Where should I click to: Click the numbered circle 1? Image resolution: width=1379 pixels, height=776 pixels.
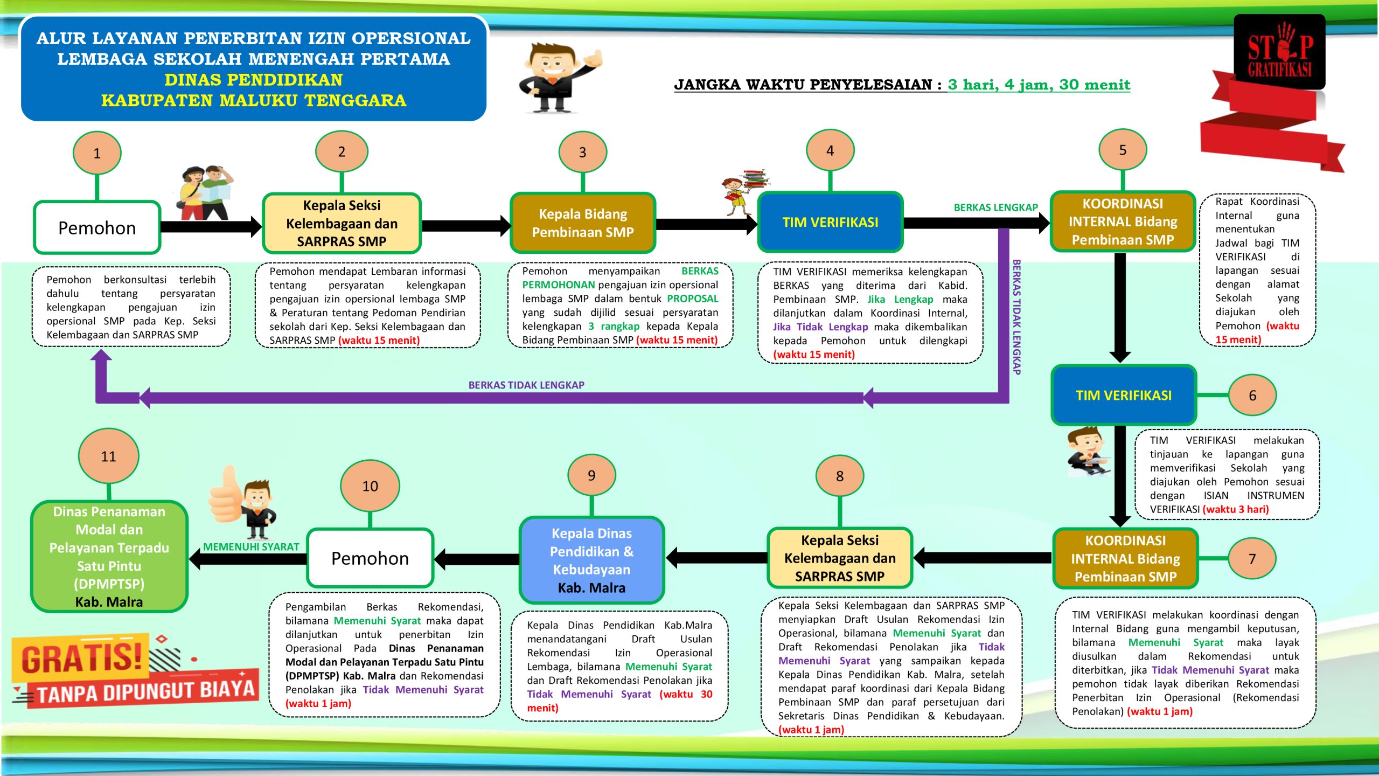pos(97,153)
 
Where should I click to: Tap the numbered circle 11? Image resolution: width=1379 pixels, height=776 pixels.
pos(108,456)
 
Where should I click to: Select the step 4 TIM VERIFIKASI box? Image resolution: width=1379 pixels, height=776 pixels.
pos(830,222)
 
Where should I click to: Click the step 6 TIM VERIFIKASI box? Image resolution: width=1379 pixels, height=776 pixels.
pos(1124,395)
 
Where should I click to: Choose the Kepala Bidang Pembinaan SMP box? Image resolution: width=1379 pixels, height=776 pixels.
pos(583,223)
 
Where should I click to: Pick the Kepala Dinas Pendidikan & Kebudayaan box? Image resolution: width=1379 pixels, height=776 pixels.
pos(591,560)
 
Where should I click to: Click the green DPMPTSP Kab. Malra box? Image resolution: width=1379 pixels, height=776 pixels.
pos(109,556)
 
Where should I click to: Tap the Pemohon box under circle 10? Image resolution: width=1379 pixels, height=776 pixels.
pos(370,558)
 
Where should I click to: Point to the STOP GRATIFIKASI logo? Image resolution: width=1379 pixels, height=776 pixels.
pos(1279,53)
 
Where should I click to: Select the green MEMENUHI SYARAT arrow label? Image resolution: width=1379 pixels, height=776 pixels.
pos(251,546)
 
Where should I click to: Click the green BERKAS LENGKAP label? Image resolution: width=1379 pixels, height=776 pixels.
pos(995,207)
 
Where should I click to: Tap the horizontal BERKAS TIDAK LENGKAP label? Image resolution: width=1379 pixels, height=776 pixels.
pos(526,385)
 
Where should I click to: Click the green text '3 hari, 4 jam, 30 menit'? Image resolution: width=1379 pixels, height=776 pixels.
pos(1039,85)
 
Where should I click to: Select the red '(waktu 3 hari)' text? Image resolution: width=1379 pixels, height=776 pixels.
pos(1236,509)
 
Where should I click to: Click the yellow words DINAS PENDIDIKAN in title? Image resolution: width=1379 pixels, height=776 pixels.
pos(253,80)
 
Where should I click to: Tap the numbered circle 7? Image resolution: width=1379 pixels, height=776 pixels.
pos(1252,559)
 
